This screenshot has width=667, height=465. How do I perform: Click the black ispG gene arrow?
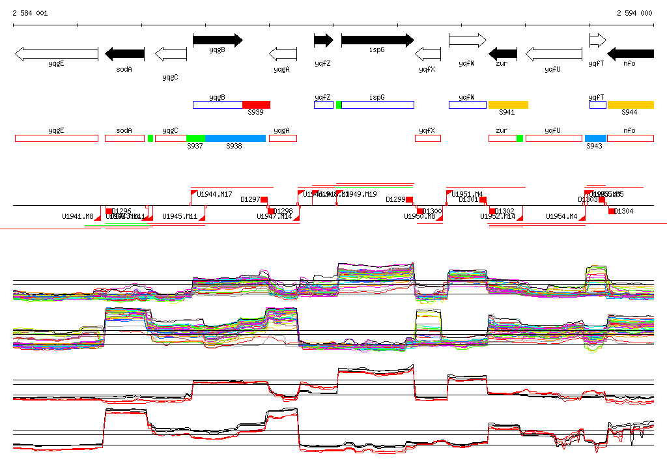tap(377, 40)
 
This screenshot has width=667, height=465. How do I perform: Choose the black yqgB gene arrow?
tap(218, 40)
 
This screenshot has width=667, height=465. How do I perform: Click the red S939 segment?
tap(256, 105)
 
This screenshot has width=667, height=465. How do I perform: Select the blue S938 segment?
tap(235, 138)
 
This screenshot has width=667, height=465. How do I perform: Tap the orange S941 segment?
tap(508, 105)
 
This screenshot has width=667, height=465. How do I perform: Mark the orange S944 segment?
tap(630, 105)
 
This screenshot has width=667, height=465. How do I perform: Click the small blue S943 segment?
tap(595, 138)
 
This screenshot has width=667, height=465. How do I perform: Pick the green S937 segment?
tap(195, 138)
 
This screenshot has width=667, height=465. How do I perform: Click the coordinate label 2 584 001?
tap(30, 13)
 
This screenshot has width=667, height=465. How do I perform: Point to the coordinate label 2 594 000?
tap(634, 13)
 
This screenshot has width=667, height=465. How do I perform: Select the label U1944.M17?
tap(215, 194)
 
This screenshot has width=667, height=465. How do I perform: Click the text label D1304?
tap(624, 211)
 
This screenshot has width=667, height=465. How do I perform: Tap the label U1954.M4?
tap(561, 216)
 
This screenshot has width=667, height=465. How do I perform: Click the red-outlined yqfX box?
tap(428, 138)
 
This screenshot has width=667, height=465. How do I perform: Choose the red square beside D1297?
tap(264, 200)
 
